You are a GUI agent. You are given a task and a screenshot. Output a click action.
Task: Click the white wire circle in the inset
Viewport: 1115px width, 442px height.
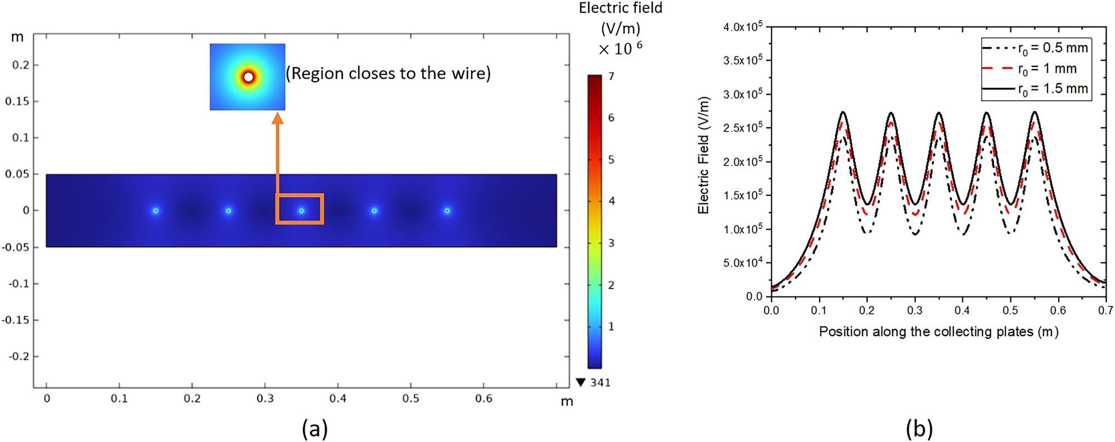pos(249,77)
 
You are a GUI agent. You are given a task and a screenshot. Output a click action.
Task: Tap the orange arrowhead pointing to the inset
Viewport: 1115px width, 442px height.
pos(277,118)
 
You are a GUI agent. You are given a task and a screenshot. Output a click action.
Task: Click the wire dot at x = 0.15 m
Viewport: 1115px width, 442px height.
pos(156,211)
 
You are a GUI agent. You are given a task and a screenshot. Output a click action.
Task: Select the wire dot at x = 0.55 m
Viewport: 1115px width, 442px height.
pos(447,211)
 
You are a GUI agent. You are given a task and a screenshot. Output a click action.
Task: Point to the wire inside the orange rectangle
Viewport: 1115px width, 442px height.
pos(301,211)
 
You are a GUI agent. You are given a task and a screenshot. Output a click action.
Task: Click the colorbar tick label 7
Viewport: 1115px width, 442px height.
pos(611,76)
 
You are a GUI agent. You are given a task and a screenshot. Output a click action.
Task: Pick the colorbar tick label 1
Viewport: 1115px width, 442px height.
pos(611,327)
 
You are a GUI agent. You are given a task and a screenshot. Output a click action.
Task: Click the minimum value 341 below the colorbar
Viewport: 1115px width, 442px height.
pos(600,382)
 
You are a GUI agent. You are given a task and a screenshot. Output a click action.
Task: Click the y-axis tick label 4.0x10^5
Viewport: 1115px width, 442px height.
pos(742,27)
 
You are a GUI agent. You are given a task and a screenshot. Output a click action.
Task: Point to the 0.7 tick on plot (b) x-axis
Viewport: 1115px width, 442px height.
pos(1106,310)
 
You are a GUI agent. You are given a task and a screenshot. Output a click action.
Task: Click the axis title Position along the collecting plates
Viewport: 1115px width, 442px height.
pos(938,332)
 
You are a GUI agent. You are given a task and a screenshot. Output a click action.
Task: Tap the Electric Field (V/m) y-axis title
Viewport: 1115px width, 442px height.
pos(704,156)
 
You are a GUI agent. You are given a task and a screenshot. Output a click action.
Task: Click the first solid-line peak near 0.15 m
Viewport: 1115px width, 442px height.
pos(843,113)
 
